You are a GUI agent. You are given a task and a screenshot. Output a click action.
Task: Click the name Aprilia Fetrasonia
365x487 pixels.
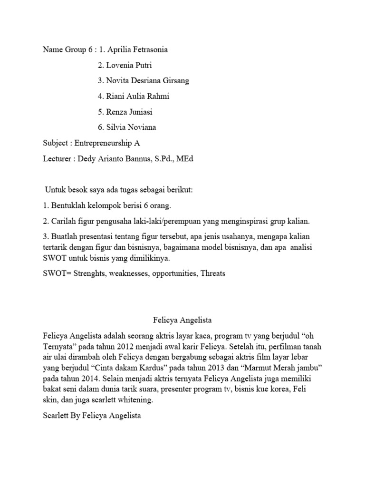tap(138, 49)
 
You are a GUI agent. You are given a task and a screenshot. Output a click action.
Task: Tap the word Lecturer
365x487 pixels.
tap(57, 158)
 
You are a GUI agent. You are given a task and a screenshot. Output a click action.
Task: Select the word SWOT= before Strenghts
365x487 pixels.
tap(58, 273)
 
